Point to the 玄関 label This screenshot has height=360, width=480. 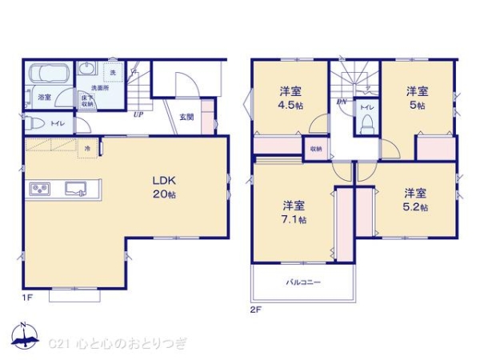(186, 117)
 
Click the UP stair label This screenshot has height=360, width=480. (138, 114)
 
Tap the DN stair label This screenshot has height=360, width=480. (342, 102)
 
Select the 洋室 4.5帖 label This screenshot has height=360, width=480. (290, 97)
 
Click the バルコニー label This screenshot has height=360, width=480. (303, 282)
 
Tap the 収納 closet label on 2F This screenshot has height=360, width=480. (316, 148)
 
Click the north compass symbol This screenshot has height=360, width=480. (24, 339)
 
